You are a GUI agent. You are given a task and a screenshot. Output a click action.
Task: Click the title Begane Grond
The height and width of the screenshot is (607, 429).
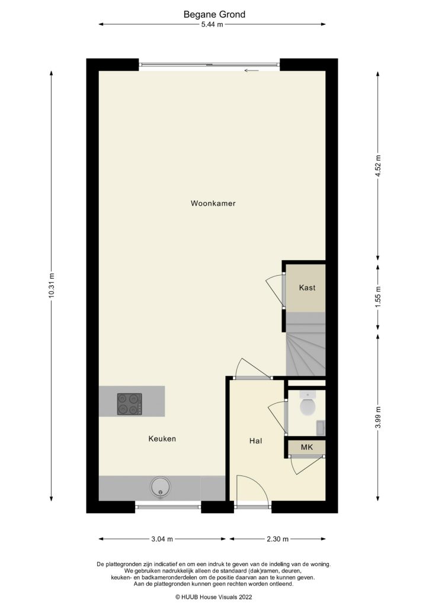click(x=214, y=14)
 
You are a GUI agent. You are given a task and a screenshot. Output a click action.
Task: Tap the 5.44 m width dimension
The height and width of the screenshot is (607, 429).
click(x=212, y=25)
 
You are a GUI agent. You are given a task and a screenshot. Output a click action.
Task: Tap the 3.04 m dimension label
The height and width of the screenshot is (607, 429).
click(x=162, y=539)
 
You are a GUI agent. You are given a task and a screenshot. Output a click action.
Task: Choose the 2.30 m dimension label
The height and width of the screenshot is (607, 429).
click(x=277, y=539)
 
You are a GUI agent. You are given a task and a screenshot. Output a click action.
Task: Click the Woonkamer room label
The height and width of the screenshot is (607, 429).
click(x=213, y=203)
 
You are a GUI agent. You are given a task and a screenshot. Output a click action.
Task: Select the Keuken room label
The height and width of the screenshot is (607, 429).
click(x=162, y=439)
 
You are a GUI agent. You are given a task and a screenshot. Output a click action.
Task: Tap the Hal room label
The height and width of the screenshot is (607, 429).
click(x=256, y=441)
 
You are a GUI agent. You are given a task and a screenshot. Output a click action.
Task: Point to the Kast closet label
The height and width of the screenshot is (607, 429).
click(x=307, y=287)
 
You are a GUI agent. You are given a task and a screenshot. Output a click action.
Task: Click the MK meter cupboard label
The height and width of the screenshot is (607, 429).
click(x=307, y=447)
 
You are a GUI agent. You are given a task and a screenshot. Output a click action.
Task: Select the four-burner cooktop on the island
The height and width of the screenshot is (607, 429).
click(x=130, y=404)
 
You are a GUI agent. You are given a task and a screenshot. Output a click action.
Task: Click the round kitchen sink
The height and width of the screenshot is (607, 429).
click(x=161, y=488)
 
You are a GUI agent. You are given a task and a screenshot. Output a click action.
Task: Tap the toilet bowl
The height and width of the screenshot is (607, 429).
click(x=308, y=406)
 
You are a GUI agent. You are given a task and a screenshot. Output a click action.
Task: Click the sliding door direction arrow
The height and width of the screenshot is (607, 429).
click(x=251, y=71)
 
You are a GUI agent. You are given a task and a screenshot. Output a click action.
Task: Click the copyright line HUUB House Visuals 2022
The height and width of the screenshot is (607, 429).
click(x=214, y=597)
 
